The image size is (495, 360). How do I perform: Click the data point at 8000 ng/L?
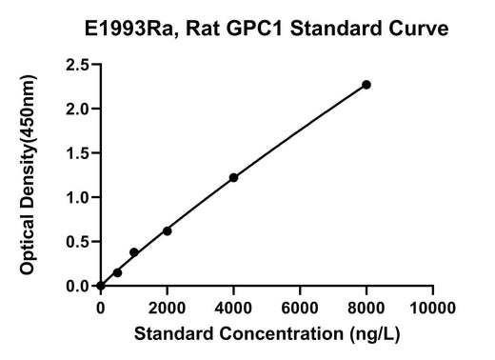(366, 85)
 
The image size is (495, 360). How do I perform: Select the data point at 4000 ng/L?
(233, 177)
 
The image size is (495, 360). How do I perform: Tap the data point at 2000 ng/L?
(168, 231)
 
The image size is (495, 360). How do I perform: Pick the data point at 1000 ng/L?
(134, 252)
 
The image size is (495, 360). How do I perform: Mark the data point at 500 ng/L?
(117, 272)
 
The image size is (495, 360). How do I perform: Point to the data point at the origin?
(101, 286)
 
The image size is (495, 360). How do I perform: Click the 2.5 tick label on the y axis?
(77, 65)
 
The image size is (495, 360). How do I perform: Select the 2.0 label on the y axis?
(77, 110)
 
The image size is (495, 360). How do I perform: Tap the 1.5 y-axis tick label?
(77, 153)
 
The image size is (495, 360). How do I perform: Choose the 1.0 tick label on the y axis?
(77, 198)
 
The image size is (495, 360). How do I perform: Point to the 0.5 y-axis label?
(77, 242)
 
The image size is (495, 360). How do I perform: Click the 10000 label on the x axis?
(433, 308)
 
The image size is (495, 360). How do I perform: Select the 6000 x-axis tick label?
(300, 308)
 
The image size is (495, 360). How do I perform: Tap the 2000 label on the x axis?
(167, 308)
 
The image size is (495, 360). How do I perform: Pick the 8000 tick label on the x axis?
(366, 308)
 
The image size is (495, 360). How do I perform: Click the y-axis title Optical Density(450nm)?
(28, 175)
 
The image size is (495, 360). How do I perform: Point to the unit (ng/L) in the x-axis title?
(375, 334)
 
